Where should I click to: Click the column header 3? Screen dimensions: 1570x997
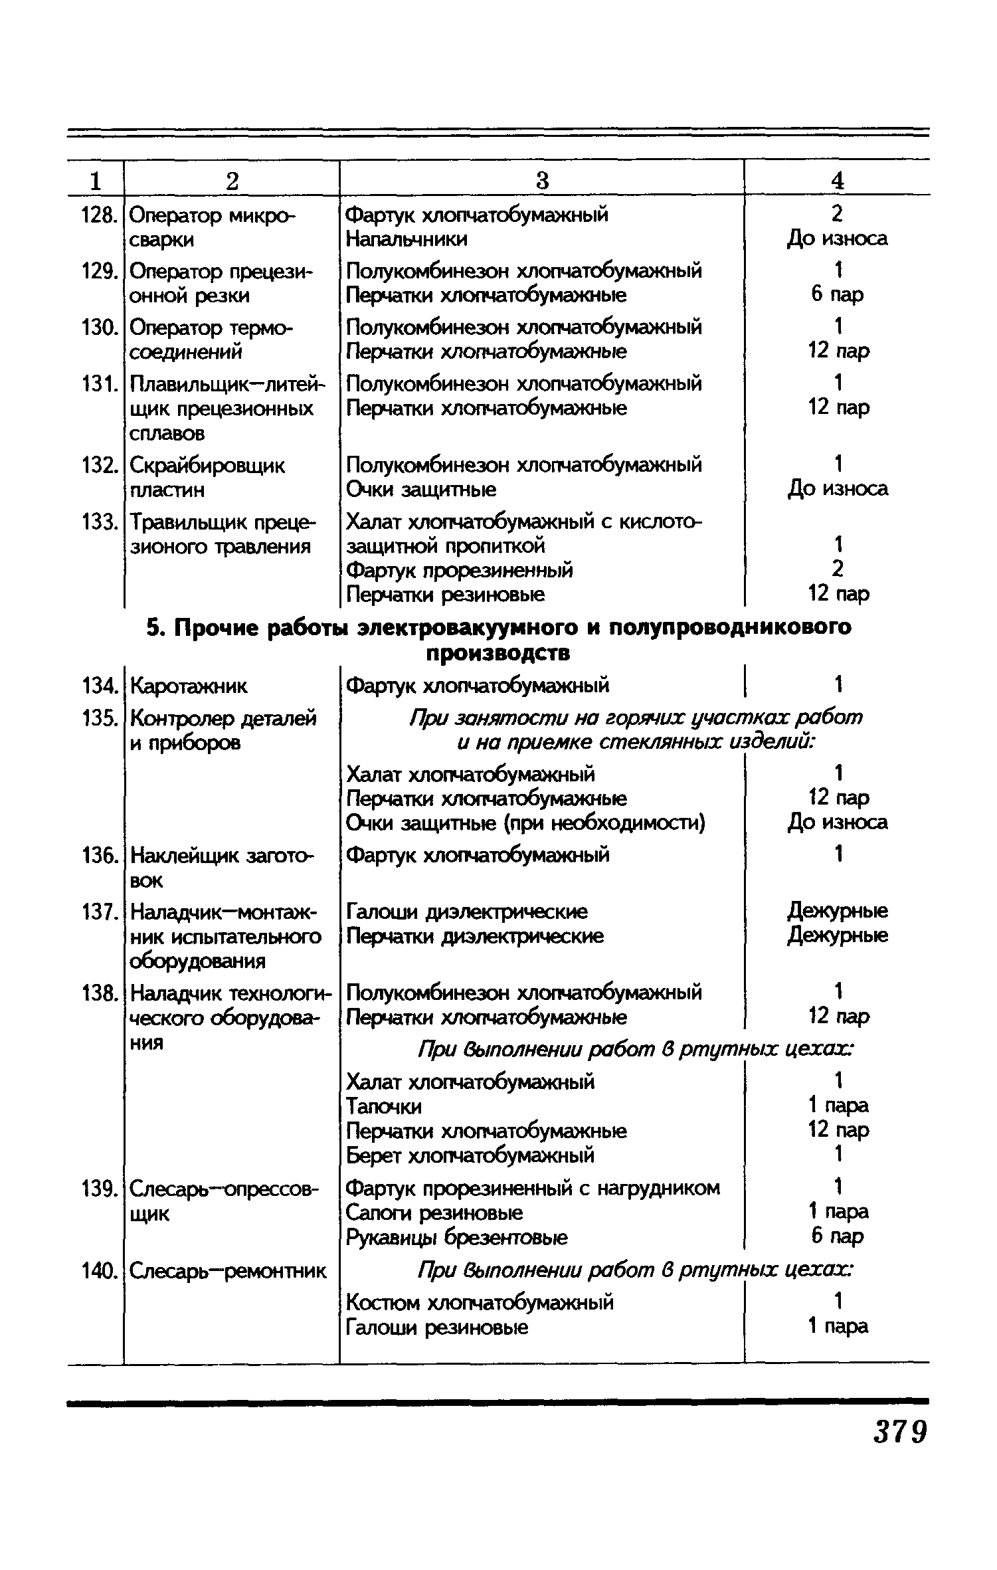[542, 180]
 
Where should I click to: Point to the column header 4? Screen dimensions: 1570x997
[838, 180]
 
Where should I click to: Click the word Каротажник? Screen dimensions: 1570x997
[188, 685]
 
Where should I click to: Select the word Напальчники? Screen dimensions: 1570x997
[407, 239]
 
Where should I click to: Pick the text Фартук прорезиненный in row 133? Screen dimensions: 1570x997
[460, 570]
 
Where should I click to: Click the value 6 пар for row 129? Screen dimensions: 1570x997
[838, 294]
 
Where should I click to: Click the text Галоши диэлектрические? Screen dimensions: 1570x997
[466, 912]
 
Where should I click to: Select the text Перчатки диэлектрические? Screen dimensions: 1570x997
[475, 936]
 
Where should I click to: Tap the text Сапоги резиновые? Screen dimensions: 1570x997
[434, 1213]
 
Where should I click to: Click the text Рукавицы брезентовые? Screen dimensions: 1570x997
[457, 1237]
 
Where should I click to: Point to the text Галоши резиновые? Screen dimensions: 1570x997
[438, 1327]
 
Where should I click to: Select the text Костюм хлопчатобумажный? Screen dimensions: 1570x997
[480, 1302]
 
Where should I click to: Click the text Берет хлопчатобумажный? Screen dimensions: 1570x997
[470, 1155]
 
